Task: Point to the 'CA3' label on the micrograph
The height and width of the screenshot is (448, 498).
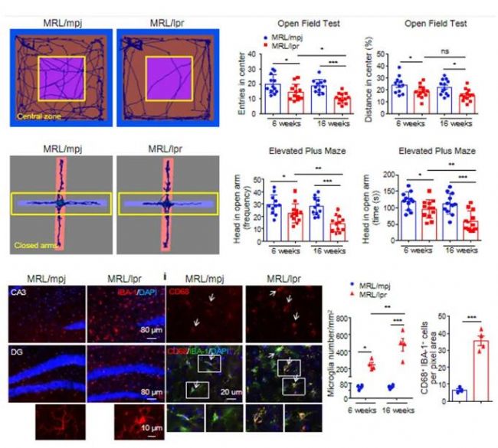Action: tap(18, 293)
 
